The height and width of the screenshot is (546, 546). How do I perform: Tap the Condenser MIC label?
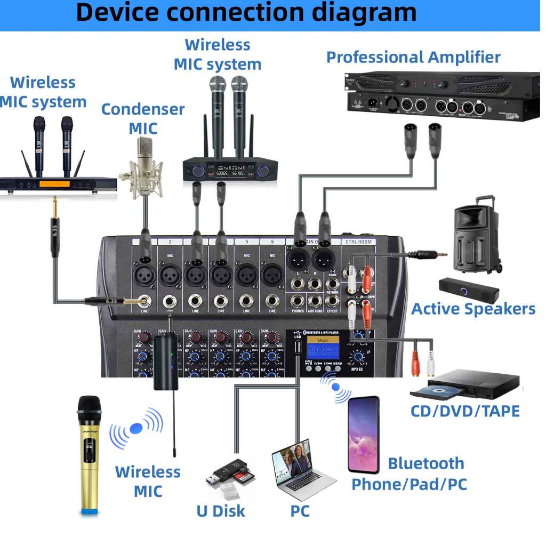coord(143,118)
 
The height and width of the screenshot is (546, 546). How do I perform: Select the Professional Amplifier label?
coord(413,57)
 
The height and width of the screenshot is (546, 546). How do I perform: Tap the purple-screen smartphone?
coord(364,435)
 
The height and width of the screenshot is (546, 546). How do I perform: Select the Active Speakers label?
coord(473,309)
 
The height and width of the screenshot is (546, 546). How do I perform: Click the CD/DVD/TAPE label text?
coord(464,411)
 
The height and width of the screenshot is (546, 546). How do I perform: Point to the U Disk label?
coord(221,511)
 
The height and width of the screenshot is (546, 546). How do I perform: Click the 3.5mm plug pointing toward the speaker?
coord(429,255)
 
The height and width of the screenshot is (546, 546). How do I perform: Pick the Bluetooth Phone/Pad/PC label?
coord(409,473)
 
